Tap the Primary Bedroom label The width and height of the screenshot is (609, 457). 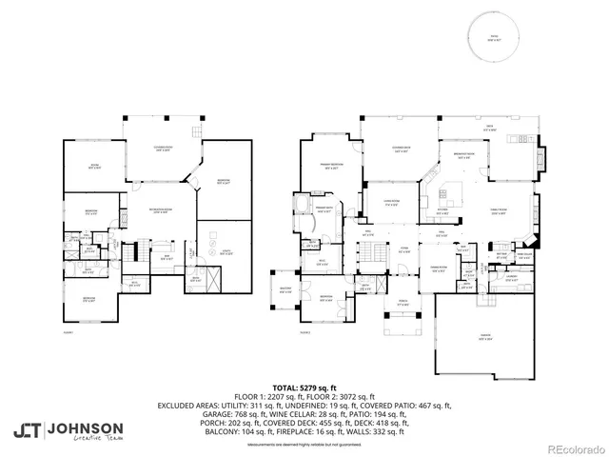click(329, 166)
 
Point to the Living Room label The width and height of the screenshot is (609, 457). click(390, 201)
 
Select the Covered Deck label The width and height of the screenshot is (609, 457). click(402, 149)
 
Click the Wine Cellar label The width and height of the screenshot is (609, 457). click(523, 255)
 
